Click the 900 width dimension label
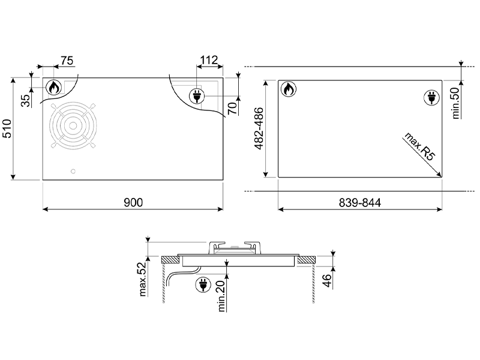(x=133, y=202)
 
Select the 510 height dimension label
(x=7, y=128)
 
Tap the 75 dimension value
(x=67, y=61)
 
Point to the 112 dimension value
(x=209, y=60)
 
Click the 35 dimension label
(x=27, y=100)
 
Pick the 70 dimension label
(x=233, y=108)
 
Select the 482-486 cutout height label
(x=259, y=128)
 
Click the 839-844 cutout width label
(x=359, y=203)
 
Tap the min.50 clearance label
(x=455, y=103)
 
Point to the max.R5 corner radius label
(x=419, y=146)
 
